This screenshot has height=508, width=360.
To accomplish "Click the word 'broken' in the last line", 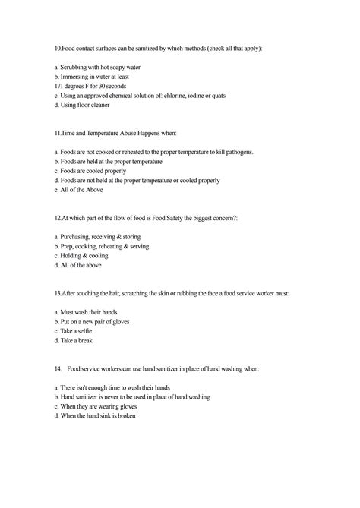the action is pos(127,416).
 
